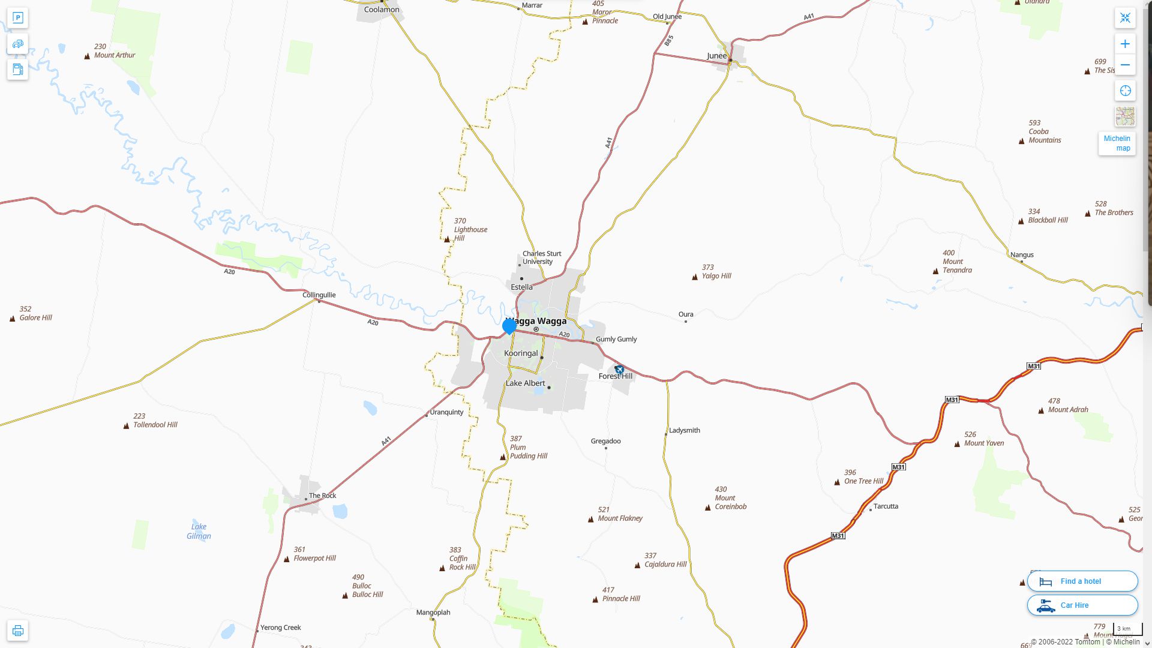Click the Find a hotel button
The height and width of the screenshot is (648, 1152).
pyautogui.click(x=1082, y=581)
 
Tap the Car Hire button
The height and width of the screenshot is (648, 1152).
pyautogui.click(x=1082, y=605)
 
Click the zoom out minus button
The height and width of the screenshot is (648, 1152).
pyautogui.click(x=1125, y=65)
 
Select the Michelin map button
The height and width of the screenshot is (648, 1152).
pyautogui.click(x=1117, y=143)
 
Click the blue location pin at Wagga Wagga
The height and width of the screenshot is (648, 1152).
pyautogui.click(x=509, y=326)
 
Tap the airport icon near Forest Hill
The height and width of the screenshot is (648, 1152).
pyautogui.click(x=619, y=370)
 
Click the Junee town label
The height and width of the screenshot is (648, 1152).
pyautogui.click(x=716, y=56)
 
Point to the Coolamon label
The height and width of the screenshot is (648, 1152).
pyautogui.click(x=382, y=10)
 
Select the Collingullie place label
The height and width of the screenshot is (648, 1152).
pyautogui.click(x=319, y=295)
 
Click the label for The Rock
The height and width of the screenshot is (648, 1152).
pyautogui.click(x=323, y=496)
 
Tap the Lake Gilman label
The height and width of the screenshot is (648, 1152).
pyautogui.click(x=199, y=532)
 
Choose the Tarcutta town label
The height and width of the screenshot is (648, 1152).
pyautogui.click(x=886, y=506)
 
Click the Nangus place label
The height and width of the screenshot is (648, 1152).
pyautogui.click(x=1022, y=254)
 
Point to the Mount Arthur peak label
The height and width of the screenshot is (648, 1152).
pyautogui.click(x=114, y=55)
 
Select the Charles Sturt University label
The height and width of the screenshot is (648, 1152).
pyautogui.click(x=541, y=257)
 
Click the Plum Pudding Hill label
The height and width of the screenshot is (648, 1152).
pyautogui.click(x=528, y=448)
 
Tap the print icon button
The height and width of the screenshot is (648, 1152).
pyautogui.click(x=18, y=631)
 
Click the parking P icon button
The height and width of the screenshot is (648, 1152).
pyautogui.click(x=18, y=17)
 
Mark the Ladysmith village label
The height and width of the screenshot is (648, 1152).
pyautogui.click(x=684, y=430)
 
